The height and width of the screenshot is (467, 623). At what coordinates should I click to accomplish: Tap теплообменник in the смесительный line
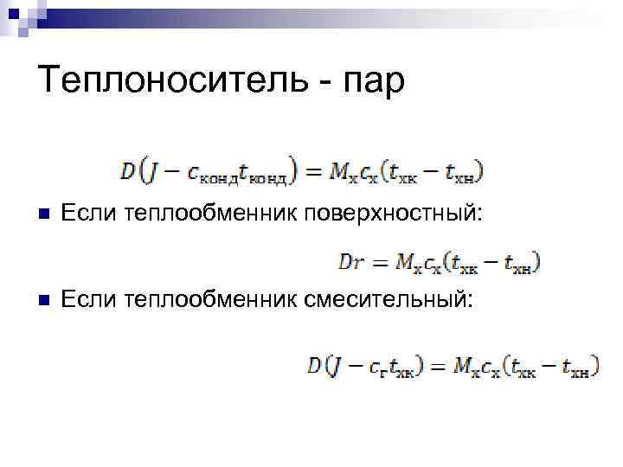tap(211, 299)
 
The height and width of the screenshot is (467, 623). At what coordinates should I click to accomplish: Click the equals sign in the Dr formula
tap(381, 259)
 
